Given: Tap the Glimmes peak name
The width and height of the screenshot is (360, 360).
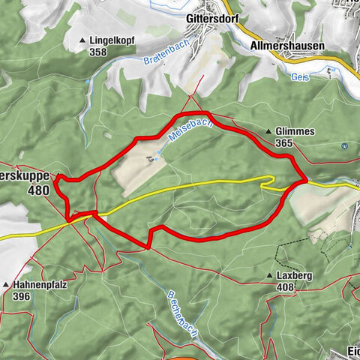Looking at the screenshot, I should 294,131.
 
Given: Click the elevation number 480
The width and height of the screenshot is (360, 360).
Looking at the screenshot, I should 37,190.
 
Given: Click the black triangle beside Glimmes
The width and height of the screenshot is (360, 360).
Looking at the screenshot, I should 268,132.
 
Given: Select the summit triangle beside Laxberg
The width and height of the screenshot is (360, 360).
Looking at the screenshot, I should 268,277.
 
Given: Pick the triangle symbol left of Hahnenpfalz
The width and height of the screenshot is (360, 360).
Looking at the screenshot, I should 6,286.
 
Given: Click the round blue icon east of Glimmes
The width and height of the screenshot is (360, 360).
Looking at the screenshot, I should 344,146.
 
